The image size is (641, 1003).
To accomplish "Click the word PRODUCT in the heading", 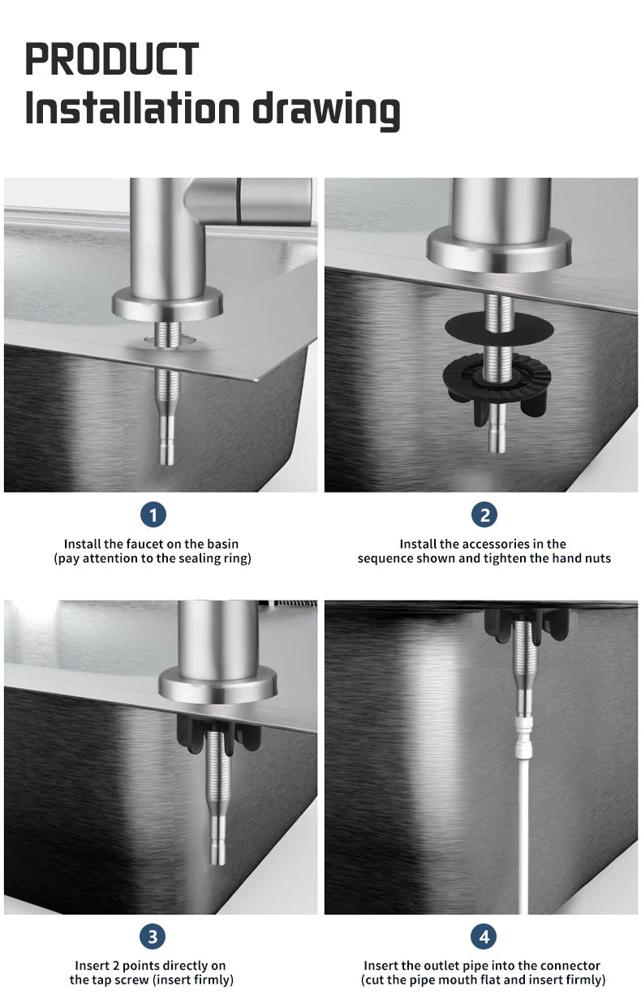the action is [111, 58].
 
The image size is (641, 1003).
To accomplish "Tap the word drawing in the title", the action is [326, 110].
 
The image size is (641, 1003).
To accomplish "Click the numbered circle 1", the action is [153, 514].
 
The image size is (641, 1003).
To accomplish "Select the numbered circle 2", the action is [484, 514].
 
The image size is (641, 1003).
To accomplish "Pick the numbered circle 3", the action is [153, 936].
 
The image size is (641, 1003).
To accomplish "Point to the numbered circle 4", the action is [484, 936].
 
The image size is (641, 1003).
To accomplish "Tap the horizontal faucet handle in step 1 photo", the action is [251, 200].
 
